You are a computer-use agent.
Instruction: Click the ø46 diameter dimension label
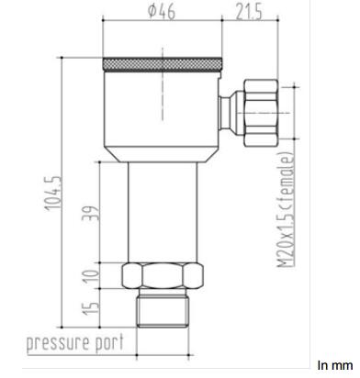(x=162, y=11)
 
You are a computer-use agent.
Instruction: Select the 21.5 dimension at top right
(x=249, y=12)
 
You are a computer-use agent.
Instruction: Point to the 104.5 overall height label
(x=53, y=193)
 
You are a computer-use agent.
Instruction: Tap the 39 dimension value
(x=91, y=213)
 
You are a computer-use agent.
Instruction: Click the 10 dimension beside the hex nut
(x=92, y=276)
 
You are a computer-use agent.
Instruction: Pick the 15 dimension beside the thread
(x=91, y=308)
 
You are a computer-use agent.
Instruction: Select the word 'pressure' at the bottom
(x=58, y=342)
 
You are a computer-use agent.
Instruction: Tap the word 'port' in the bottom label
(x=109, y=342)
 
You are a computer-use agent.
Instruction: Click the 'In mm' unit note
(x=335, y=365)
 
